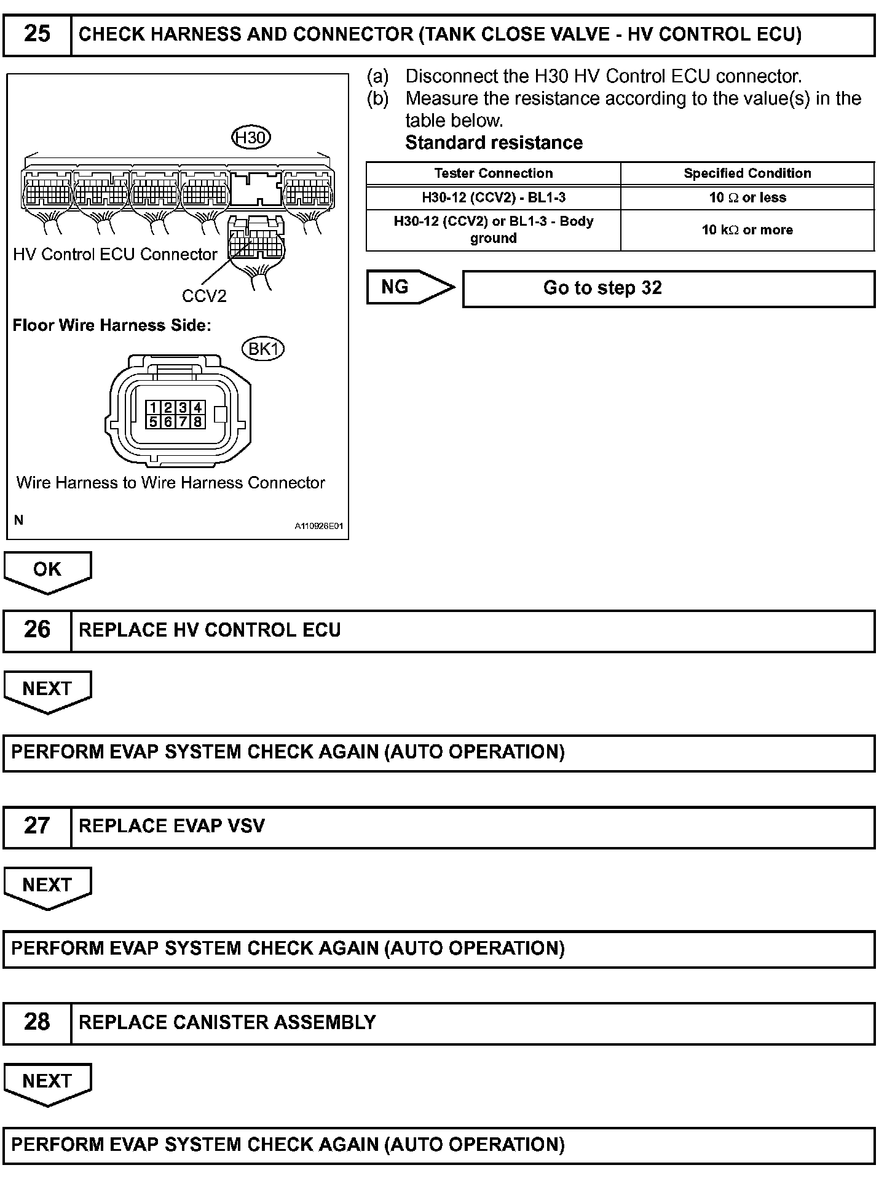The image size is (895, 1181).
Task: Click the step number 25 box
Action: (37, 34)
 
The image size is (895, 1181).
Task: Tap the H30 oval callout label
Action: (251, 137)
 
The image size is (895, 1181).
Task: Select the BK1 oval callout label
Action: (264, 349)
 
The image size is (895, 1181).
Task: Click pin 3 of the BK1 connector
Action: (183, 408)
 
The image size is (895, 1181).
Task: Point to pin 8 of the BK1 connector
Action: (197, 422)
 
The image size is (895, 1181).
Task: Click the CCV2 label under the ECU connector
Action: (204, 296)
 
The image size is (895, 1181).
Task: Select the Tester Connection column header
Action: (493, 173)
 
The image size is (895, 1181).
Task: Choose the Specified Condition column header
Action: (747, 173)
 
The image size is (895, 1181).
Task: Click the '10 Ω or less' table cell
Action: (747, 197)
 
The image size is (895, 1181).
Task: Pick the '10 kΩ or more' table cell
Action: (747, 230)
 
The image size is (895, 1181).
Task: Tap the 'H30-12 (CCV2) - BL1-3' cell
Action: (493, 197)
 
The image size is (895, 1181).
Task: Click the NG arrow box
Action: (409, 287)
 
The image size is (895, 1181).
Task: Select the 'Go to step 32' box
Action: (668, 288)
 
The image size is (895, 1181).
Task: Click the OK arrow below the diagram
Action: (47, 571)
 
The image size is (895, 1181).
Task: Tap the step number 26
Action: (37, 630)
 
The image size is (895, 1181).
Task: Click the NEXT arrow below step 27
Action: (47, 886)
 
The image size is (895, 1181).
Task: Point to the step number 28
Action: (37, 1022)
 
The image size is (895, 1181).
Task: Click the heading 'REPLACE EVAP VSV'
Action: (172, 826)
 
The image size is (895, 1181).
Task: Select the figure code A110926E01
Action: (318, 527)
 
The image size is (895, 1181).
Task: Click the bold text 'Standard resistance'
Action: (494, 143)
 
